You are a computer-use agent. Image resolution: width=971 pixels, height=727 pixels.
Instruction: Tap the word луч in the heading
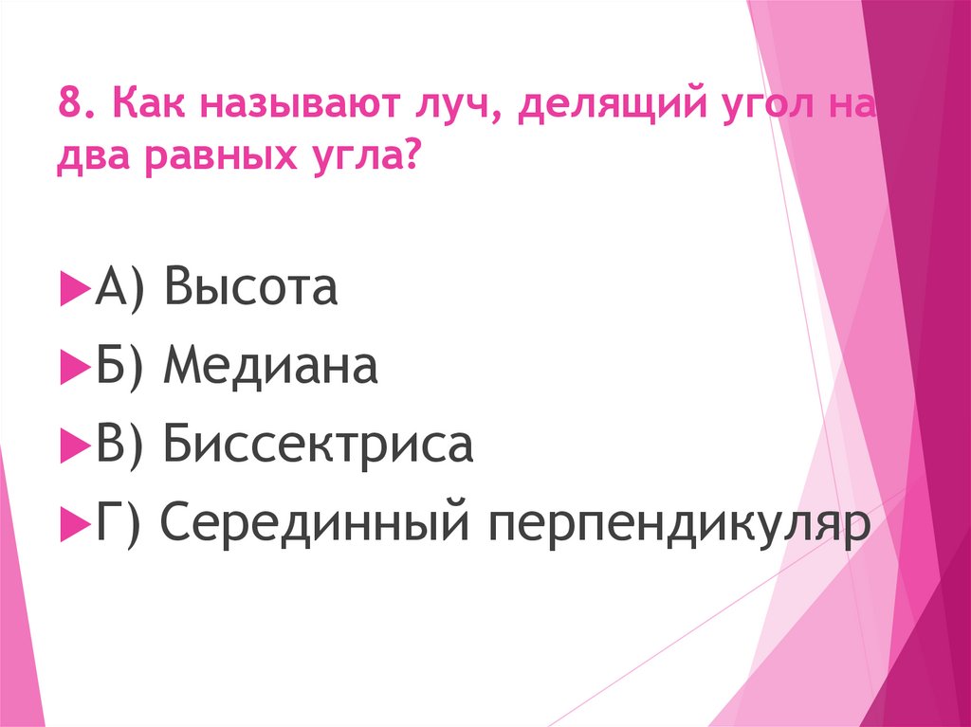[446, 102]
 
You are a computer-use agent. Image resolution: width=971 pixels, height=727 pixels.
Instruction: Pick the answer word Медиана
[270, 365]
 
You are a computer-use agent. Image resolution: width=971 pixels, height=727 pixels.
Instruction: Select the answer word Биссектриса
[317, 445]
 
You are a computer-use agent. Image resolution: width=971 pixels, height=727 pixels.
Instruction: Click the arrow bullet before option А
[71, 288]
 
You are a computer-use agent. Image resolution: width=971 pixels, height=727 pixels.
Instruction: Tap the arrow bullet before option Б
[71, 367]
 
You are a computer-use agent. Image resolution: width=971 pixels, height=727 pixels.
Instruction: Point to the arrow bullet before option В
[71, 445]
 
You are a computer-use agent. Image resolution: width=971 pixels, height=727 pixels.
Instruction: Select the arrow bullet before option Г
[71, 524]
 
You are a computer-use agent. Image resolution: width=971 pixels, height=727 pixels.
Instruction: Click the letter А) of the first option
[119, 287]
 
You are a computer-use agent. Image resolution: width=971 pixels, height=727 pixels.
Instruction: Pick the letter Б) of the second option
[119, 366]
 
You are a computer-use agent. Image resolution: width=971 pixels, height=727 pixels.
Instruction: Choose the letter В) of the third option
[119, 445]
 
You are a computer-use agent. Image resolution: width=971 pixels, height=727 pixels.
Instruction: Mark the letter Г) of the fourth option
[118, 523]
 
